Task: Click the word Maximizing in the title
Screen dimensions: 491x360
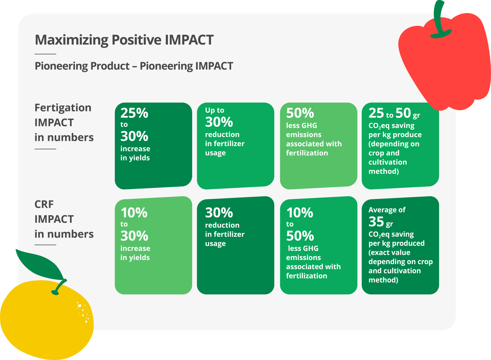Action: (71, 40)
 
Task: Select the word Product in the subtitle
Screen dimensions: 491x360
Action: (110, 66)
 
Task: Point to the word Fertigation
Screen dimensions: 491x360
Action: (63, 108)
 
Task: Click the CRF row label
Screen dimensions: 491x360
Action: (44, 204)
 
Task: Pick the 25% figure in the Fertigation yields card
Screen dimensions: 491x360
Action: (134, 113)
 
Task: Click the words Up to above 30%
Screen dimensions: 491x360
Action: (215, 110)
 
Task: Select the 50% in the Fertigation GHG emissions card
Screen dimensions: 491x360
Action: (300, 113)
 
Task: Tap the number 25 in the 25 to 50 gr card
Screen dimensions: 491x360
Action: (376, 113)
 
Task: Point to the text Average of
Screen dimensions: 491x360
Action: (387, 210)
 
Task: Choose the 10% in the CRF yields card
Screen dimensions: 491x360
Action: (134, 213)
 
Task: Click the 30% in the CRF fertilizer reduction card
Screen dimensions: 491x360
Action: (219, 213)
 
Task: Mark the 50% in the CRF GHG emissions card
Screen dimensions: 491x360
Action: (300, 236)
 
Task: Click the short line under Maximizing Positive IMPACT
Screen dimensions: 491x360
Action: (45, 54)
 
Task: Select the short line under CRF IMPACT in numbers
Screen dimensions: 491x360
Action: (45, 245)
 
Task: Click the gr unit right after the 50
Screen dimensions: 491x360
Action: (416, 115)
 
